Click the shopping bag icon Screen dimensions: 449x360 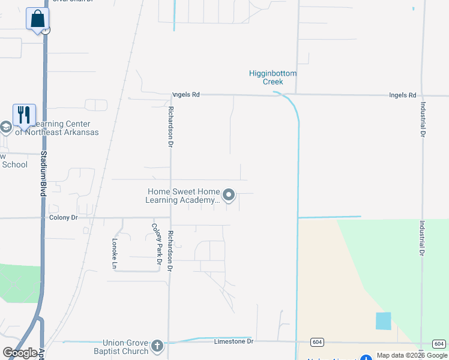[x=37, y=19]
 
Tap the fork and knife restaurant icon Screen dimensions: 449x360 [x=24, y=114]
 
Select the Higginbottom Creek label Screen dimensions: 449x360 [x=273, y=77]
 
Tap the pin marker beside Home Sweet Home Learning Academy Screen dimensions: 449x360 [x=229, y=195]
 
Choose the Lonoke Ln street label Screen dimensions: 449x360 [x=115, y=253]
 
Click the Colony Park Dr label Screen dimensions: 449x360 [x=157, y=244]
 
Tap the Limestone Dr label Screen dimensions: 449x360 [x=234, y=341]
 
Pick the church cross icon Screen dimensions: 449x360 [x=157, y=346]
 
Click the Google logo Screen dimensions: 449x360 [x=20, y=353]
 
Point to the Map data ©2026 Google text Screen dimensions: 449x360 [x=411, y=355]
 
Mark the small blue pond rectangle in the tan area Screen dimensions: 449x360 [x=383, y=321]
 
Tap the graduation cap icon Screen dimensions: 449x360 [x=5, y=127]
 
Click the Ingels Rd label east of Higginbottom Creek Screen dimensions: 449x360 [x=402, y=95]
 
